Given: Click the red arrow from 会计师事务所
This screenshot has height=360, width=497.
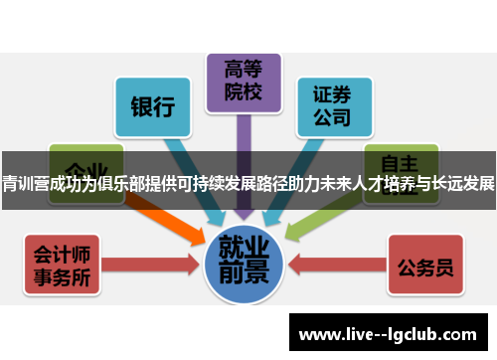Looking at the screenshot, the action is coord(149,264).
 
